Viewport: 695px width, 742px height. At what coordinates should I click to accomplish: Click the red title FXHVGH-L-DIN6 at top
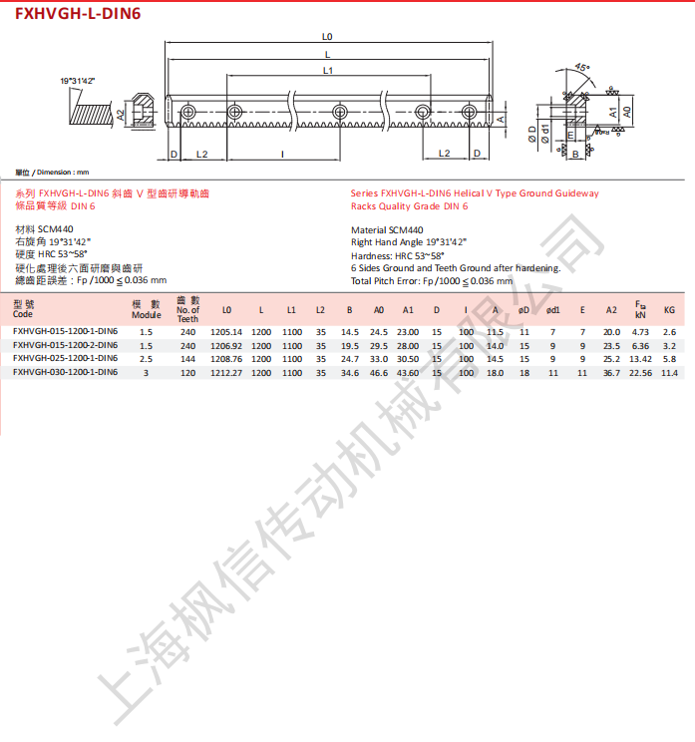click(x=78, y=13)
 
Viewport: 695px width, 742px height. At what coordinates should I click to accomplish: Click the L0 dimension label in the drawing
click(x=327, y=37)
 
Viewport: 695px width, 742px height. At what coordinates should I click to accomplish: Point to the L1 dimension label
click(x=328, y=71)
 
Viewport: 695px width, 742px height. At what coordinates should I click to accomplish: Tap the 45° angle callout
click(x=582, y=68)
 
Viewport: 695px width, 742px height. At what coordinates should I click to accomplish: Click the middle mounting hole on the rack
click(x=340, y=112)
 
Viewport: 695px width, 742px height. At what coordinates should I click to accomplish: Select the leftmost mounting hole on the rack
click(x=187, y=112)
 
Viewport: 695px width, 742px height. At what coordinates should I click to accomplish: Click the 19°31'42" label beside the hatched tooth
click(x=77, y=81)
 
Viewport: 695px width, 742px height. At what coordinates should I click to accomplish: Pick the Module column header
click(x=147, y=310)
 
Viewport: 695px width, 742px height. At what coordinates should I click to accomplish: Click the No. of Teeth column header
click(x=187, y=309)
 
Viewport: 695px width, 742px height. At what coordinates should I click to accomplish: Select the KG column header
click(x=669, y=310)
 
